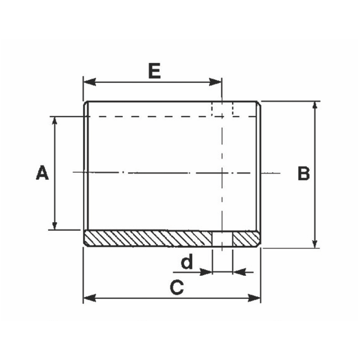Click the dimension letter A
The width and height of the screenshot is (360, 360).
(42, 173)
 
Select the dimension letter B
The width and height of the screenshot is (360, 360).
(303, 173)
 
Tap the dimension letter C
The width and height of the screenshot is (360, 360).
(177, 288)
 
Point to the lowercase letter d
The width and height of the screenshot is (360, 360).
(187, 263)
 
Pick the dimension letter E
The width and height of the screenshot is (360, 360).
(154, 71)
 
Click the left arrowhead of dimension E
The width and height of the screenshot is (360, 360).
(88, 82)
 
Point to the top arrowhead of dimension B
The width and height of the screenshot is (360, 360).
(315, 105)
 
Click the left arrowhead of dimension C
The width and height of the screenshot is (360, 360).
(88, 298)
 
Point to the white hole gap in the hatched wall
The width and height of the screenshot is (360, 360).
(223, 238)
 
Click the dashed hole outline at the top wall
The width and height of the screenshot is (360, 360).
(223, 109)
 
